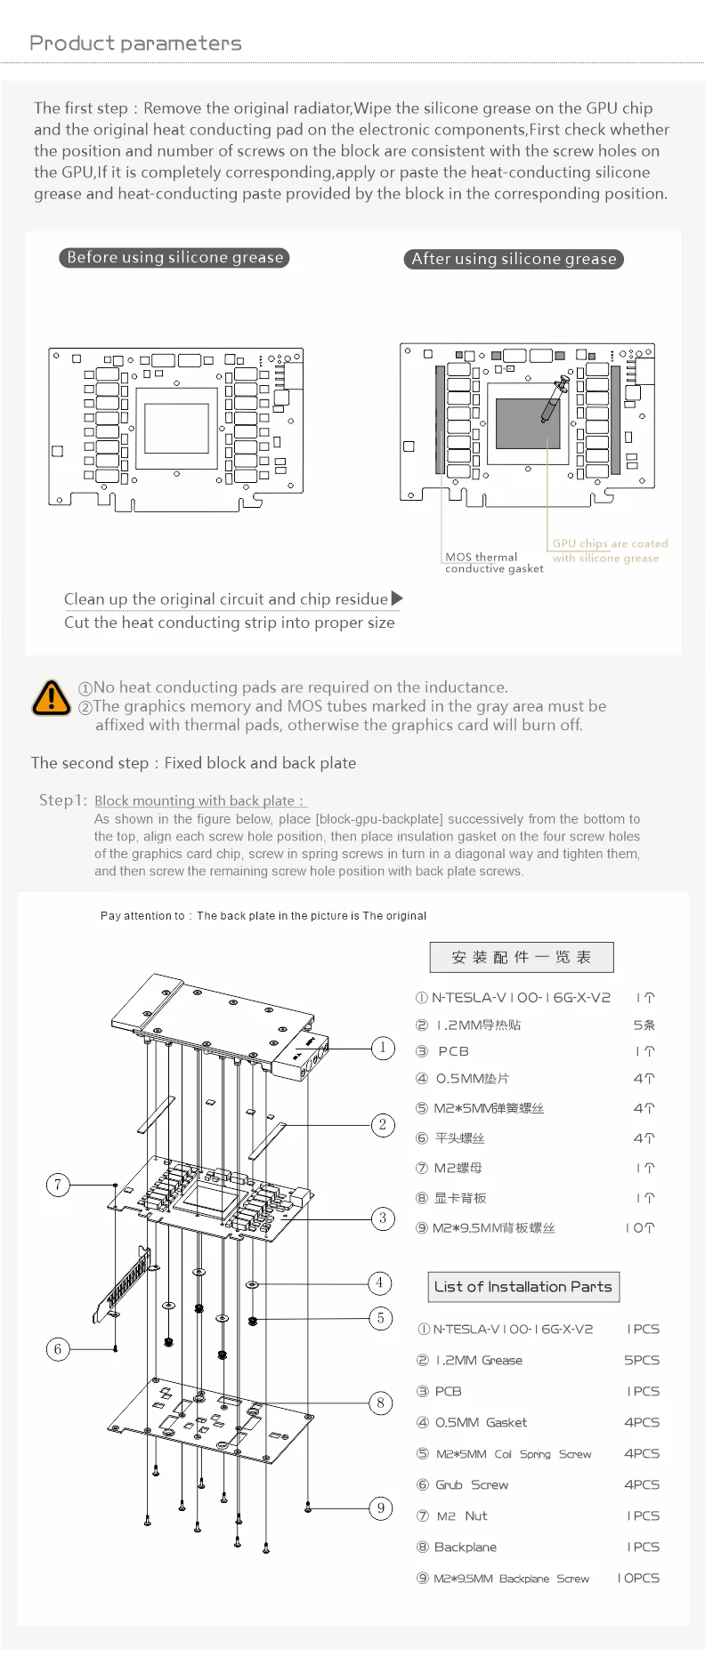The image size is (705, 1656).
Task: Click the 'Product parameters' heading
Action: (135, 44)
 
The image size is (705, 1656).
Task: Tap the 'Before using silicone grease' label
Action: (174, 258)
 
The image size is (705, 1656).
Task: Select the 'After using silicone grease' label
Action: (514, 260)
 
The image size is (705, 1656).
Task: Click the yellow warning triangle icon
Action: (52, 698)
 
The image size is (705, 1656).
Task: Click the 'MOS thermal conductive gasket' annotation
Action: (494, 563)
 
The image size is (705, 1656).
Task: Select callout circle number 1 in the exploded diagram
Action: (383, 1048)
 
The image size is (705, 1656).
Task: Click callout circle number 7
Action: (58, 1185)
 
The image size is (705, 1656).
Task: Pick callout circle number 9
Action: (381, 1508)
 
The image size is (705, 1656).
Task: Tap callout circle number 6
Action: (58, 1349)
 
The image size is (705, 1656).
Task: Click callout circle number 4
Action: (380, 1282)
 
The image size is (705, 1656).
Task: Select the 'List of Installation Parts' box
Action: (523, 1287)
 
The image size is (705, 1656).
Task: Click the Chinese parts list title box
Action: (522, 958)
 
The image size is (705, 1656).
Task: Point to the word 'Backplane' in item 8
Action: (466, 1547)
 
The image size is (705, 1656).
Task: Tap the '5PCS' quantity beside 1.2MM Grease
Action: (642, 1361)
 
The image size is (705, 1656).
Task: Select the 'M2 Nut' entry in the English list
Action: (462, 1516)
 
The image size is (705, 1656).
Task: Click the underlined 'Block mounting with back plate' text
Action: (199, 801)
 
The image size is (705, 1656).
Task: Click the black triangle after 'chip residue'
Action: (397, 599)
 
